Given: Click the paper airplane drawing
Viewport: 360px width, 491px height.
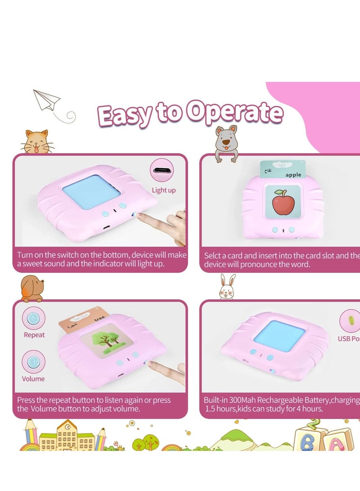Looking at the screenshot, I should click(47, 100).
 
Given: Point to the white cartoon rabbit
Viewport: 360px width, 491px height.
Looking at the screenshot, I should click(227, 287).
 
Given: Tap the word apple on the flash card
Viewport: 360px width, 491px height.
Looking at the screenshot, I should click(293, 175).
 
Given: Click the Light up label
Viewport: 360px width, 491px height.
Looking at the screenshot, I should click(163, 190).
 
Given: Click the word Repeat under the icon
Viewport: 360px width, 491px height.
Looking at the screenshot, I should click(34, 335).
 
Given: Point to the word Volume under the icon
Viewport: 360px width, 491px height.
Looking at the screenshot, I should click(33, 378).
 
